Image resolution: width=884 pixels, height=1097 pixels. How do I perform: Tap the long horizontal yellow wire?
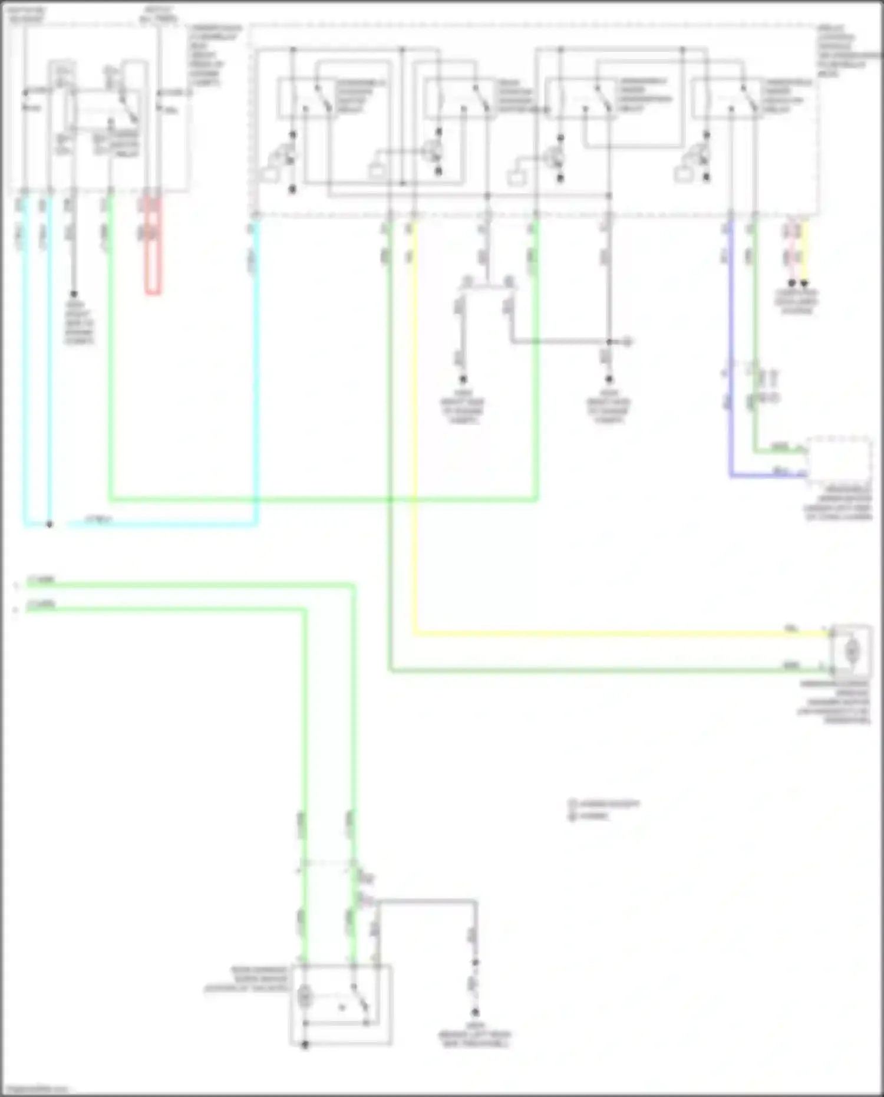pos(589,634)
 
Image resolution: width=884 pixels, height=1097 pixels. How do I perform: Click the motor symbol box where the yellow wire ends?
pos(851,651)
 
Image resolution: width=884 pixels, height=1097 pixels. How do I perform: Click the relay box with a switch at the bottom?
pos(341,1004)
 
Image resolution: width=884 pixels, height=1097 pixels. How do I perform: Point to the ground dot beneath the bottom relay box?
pos(305,1045)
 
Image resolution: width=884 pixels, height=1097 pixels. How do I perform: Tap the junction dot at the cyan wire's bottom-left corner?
pos(50,524)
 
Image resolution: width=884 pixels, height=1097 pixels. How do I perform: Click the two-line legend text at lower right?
pos(604,810)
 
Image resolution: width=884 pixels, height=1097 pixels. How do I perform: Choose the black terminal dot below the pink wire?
pos(791,284)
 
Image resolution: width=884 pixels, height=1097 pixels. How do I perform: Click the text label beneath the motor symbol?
pos(834,702)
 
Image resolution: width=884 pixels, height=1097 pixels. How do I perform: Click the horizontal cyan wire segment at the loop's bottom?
pos(159,524)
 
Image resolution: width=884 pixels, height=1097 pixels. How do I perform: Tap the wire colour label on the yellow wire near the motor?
pos(791,628)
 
